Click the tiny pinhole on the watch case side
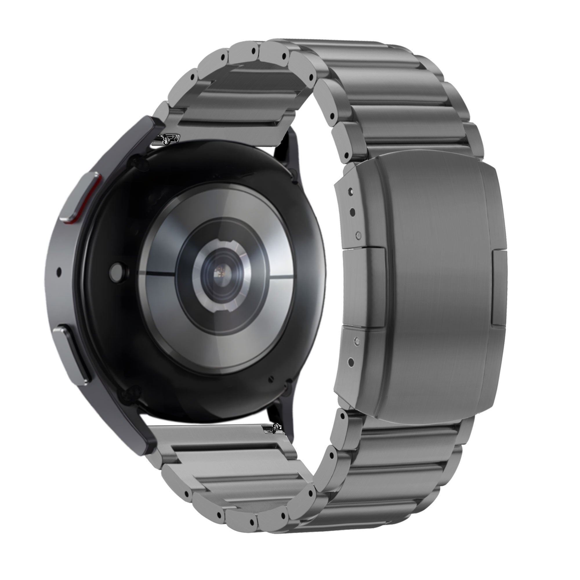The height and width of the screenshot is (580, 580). pos(59,272)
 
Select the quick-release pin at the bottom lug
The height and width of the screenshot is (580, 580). pos(273,429)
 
